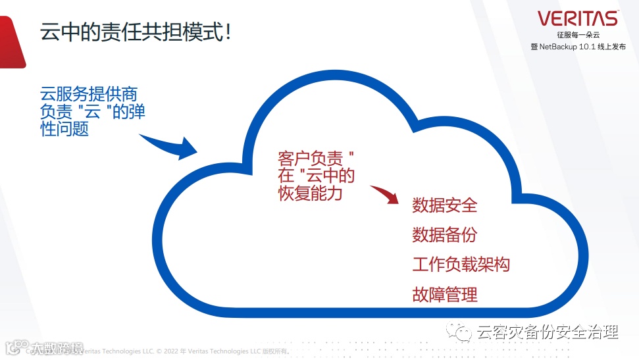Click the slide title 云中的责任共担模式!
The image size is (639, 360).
coord(134,32)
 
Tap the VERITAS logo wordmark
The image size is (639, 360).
coord(578,18)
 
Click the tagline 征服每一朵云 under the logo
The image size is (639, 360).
coord(578,35)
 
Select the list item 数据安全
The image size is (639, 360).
coord(445,205)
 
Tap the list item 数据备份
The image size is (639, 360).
coord(445,235)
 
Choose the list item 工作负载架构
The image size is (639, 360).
coord(461,265)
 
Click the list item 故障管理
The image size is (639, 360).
coord(445,294)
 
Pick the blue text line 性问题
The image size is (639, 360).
coord(64,130)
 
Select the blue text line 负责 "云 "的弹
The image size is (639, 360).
coord(93,112)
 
